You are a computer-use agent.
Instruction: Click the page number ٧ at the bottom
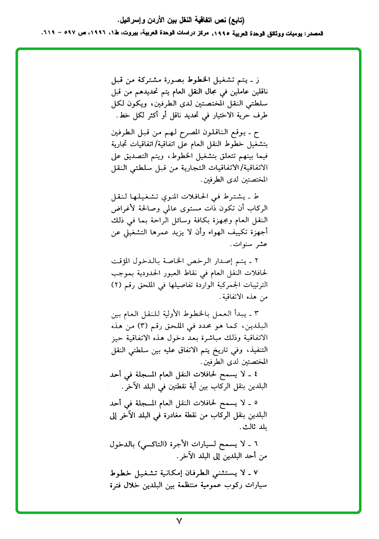point(179,521)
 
